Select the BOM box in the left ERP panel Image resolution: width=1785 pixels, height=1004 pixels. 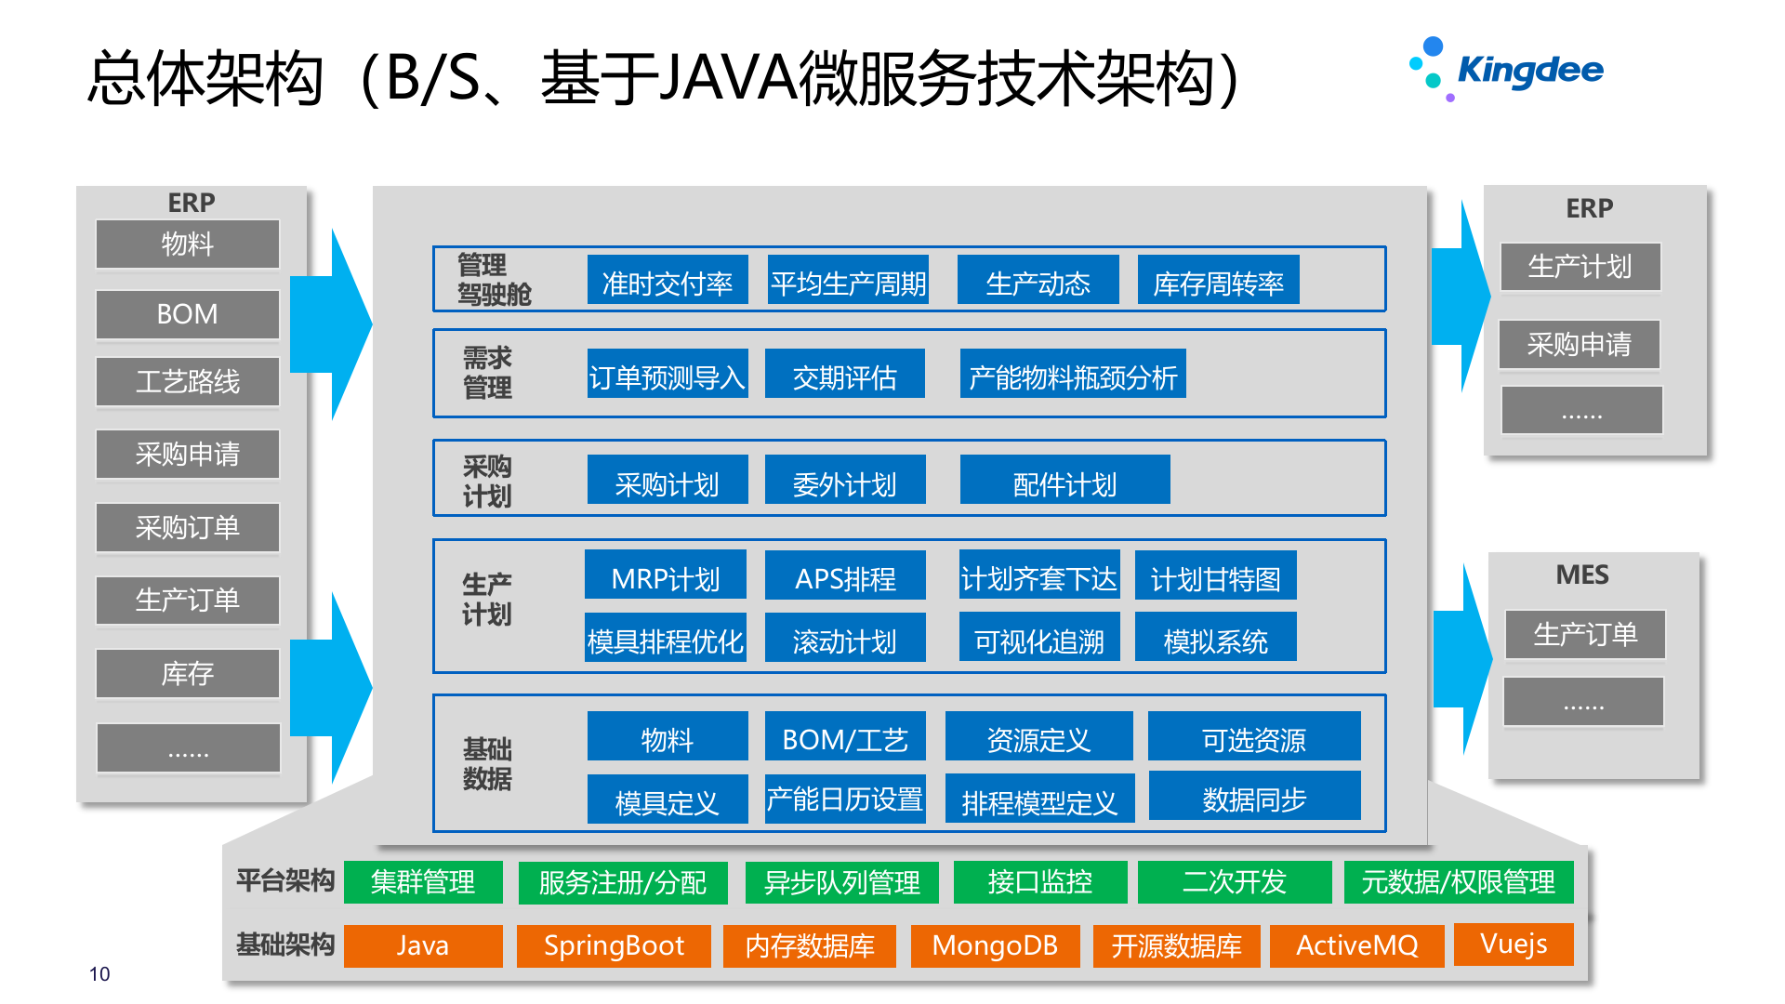(x=187, y=314)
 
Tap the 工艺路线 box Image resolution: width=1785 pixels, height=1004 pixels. (x=187, y=381)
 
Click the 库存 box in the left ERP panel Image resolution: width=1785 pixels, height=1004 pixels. (x=187, y=673)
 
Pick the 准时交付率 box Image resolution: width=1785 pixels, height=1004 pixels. (x=667, y=281)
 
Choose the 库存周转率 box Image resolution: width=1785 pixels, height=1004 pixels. (x=1218, y=281)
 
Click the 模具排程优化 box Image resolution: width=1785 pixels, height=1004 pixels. (x=665, y=639)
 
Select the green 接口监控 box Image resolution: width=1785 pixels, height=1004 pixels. (x=1039, y=881)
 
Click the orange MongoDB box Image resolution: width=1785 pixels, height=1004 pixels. (x=995, y=945)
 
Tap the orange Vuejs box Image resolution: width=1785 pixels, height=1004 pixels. (x=1514, y=944)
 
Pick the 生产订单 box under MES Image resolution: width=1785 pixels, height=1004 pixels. (x=1584, y=635)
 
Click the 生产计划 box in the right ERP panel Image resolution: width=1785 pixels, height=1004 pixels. (x=1580, y=268)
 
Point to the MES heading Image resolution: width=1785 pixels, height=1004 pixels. (x=1582, y=575)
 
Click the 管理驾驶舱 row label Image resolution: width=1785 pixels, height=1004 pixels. (x=494, y=280)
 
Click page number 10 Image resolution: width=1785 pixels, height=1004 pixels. (x=99, y=973)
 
